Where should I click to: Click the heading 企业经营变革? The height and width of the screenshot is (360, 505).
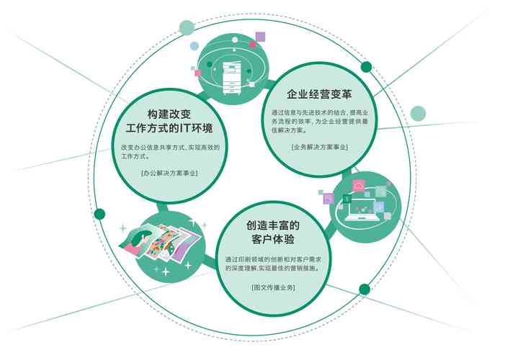pyautogui.click(x=319, y=94)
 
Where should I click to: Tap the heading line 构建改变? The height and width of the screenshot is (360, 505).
pyautogui.click(x=169, y=114)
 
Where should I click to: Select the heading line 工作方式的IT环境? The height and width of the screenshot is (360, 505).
pyautogui.click(x=169, y=128)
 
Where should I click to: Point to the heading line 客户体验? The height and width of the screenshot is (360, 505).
pyautogui.click(x=273, y=239)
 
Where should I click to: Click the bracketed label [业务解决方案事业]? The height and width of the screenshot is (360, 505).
pyautogui.click(x=319, y=147)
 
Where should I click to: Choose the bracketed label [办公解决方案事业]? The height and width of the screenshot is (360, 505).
pyautogui.click(x=169, y=173)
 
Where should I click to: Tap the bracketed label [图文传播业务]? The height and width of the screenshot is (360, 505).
pyautogui.click(x=273, y=287)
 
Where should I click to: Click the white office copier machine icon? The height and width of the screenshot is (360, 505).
pyautogui.click(x=231, y=78)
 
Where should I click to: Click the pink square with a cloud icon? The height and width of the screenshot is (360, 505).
pyautogui.click(x=359, y=186)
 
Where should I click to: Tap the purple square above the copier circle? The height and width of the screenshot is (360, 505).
pyautogui.click(x=260, y=37)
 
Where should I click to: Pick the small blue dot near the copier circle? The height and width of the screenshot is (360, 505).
pyautogui.click(x=194, y=46)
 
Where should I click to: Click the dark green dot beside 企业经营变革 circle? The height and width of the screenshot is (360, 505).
pyautogui.click(x=366, y=67)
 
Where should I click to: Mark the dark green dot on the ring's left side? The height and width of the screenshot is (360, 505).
pyautogui.click(x=99, y=214)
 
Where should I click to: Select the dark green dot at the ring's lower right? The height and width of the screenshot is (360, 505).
pyautogui.click(x=365, y=289)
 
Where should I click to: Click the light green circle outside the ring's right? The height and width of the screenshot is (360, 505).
pyautogui.click(x=418, y=113)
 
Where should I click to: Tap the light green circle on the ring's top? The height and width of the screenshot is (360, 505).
pyautogui.click(x=187, y=27)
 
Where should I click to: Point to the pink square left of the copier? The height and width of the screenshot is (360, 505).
pyautogui.click(x=197, y=73)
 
